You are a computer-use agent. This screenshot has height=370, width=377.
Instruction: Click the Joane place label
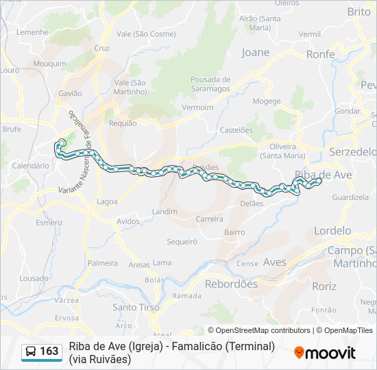pyautogui.click(x=256, y=52)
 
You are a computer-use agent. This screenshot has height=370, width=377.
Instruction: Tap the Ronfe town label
pyautogui.click(x=320, y=54)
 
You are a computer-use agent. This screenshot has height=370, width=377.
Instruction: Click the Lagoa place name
pyautogui.click(x=107, y=201)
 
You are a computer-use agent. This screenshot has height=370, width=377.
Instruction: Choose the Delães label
pyautogui.click(x=252, y=203)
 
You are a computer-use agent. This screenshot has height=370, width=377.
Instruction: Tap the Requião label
pyautogui.click(x=123, y=123)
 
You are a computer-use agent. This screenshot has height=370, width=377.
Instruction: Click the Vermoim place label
pyautogui.click(x=198, y=108)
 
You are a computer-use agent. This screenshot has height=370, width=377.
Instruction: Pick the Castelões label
pyautogui.click(x=236, y=130)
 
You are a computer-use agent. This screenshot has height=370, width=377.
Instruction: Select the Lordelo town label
pyautogui.click(x=332, y=231)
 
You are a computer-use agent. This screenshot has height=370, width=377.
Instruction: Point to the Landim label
pyautogui.click(x=165, y=212)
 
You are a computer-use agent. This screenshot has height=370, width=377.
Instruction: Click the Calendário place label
pyautogui.click(x=30, y=166)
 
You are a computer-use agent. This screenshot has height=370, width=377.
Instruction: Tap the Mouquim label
pyautogui.click(x=49, y=64)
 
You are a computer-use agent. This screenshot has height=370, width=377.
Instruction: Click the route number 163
pyautogui.click(x=49, y=351)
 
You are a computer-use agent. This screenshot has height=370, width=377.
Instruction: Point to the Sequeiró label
pyautogui.click(x=182, y=241)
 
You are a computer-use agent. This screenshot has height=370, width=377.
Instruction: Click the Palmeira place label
pyautogui.click(x=103, y=263)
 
